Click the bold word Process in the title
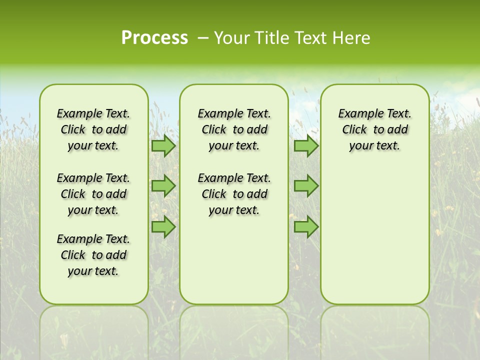click(x=154, y=38)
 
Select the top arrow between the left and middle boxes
click(x=163, y=146)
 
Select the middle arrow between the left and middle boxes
click(x=163, y=186)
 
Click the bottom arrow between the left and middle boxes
click(x=163, y=227)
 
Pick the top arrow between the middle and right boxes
click(x=305, y=146)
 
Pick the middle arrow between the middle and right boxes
click(x=305, y=186)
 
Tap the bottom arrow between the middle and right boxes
click(x=305, y=227)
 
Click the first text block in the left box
click(x=93, y=130)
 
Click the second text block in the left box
click(x=93, y=194)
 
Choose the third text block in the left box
click(x=93, y=255)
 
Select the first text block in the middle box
click(x=234, y=130)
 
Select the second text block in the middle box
click(x=234, y=194)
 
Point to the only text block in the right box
click(x=374, y=130)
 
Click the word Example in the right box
click(x=357, y=114)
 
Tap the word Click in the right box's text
click(x=354, y=130)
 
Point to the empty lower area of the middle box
click(x=234, y=260)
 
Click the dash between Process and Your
click(x=203, y=38)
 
